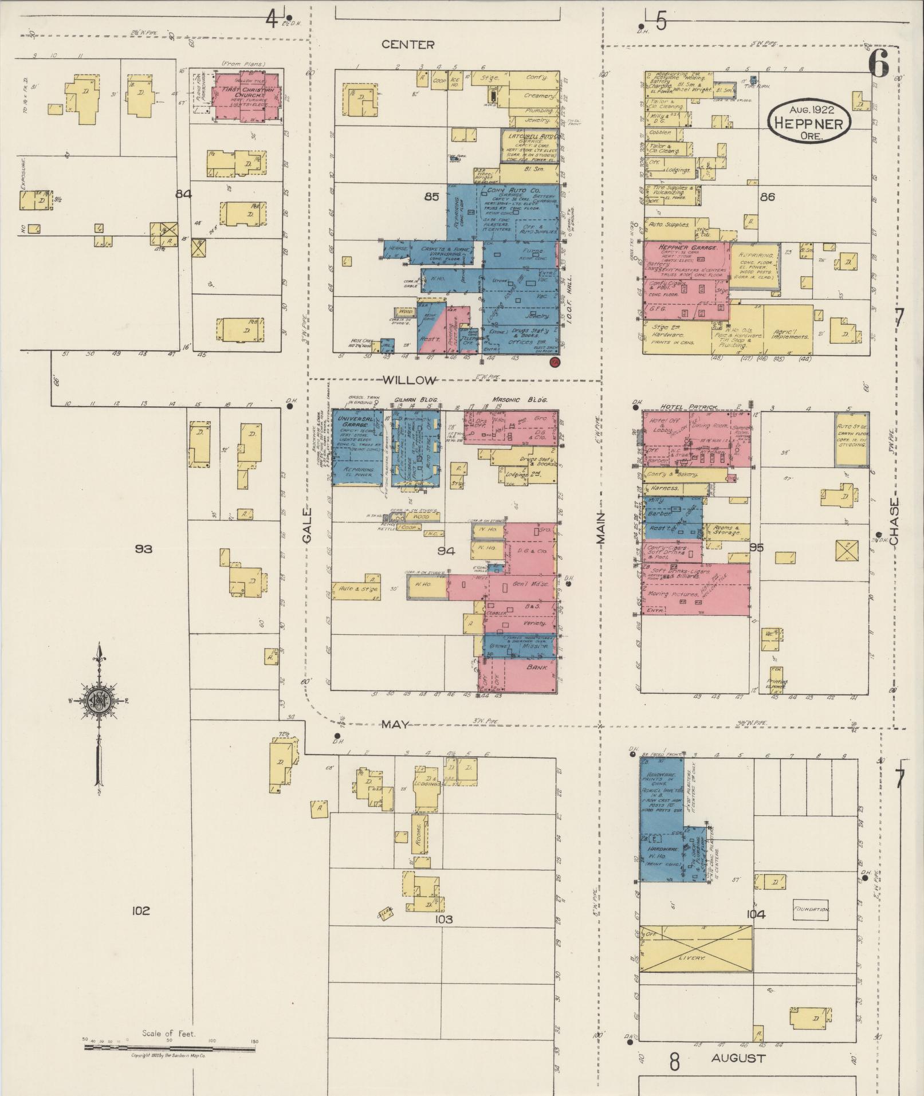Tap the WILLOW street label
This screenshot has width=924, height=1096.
tap(409, 380)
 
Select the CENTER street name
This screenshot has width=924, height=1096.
tap(408, 45)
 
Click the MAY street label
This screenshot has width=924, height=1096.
tap(395, 725)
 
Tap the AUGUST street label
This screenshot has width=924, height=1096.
tap(738, 1058)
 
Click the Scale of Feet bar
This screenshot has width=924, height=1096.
tap(170, 1048)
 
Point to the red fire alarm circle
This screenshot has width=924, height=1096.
tap(554, 362)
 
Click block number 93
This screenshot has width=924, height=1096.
tap(143, 549)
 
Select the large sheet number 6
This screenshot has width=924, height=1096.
tap(878, 63)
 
